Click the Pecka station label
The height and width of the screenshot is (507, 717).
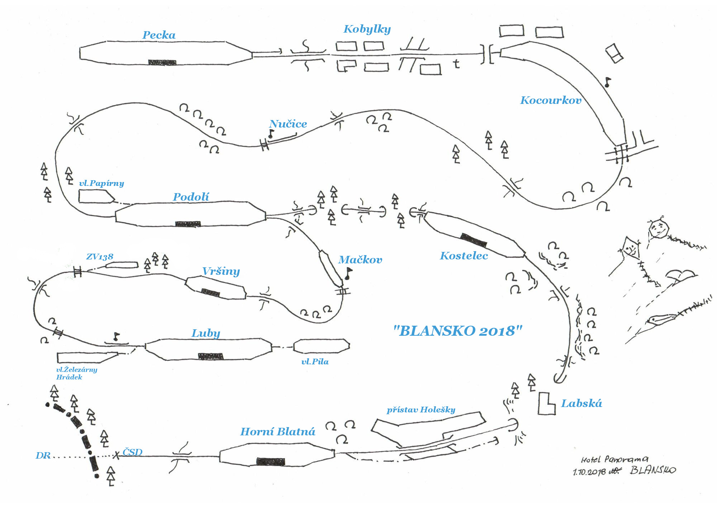coord(159,35)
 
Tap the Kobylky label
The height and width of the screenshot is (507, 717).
coord(367,29)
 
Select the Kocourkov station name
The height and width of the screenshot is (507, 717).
coord(550,100)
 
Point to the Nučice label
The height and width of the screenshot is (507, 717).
coord(288,124)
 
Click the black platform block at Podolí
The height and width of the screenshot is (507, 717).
coord(188,224)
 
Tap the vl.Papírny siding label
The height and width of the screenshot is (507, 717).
coord(101,183)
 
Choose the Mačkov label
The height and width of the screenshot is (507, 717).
coord(360,260)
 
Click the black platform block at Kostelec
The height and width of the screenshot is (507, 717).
coord(474,240)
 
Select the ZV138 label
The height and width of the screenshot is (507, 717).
coord(100,257)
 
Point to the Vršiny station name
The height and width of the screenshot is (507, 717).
coord(221,271)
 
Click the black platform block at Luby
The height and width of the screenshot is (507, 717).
coord(210,356)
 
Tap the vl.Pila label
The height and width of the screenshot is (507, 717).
coord(315,362)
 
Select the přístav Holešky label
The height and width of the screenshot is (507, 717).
coord(421,410)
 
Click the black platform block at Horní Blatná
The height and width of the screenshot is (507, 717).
coord(271,461)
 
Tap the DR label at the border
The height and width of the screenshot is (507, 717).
coord(43,456)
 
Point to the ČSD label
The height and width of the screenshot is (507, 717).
coord(132,453)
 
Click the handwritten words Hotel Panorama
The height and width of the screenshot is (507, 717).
coord(614,459)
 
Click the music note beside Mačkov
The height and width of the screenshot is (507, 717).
coord(348,274)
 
